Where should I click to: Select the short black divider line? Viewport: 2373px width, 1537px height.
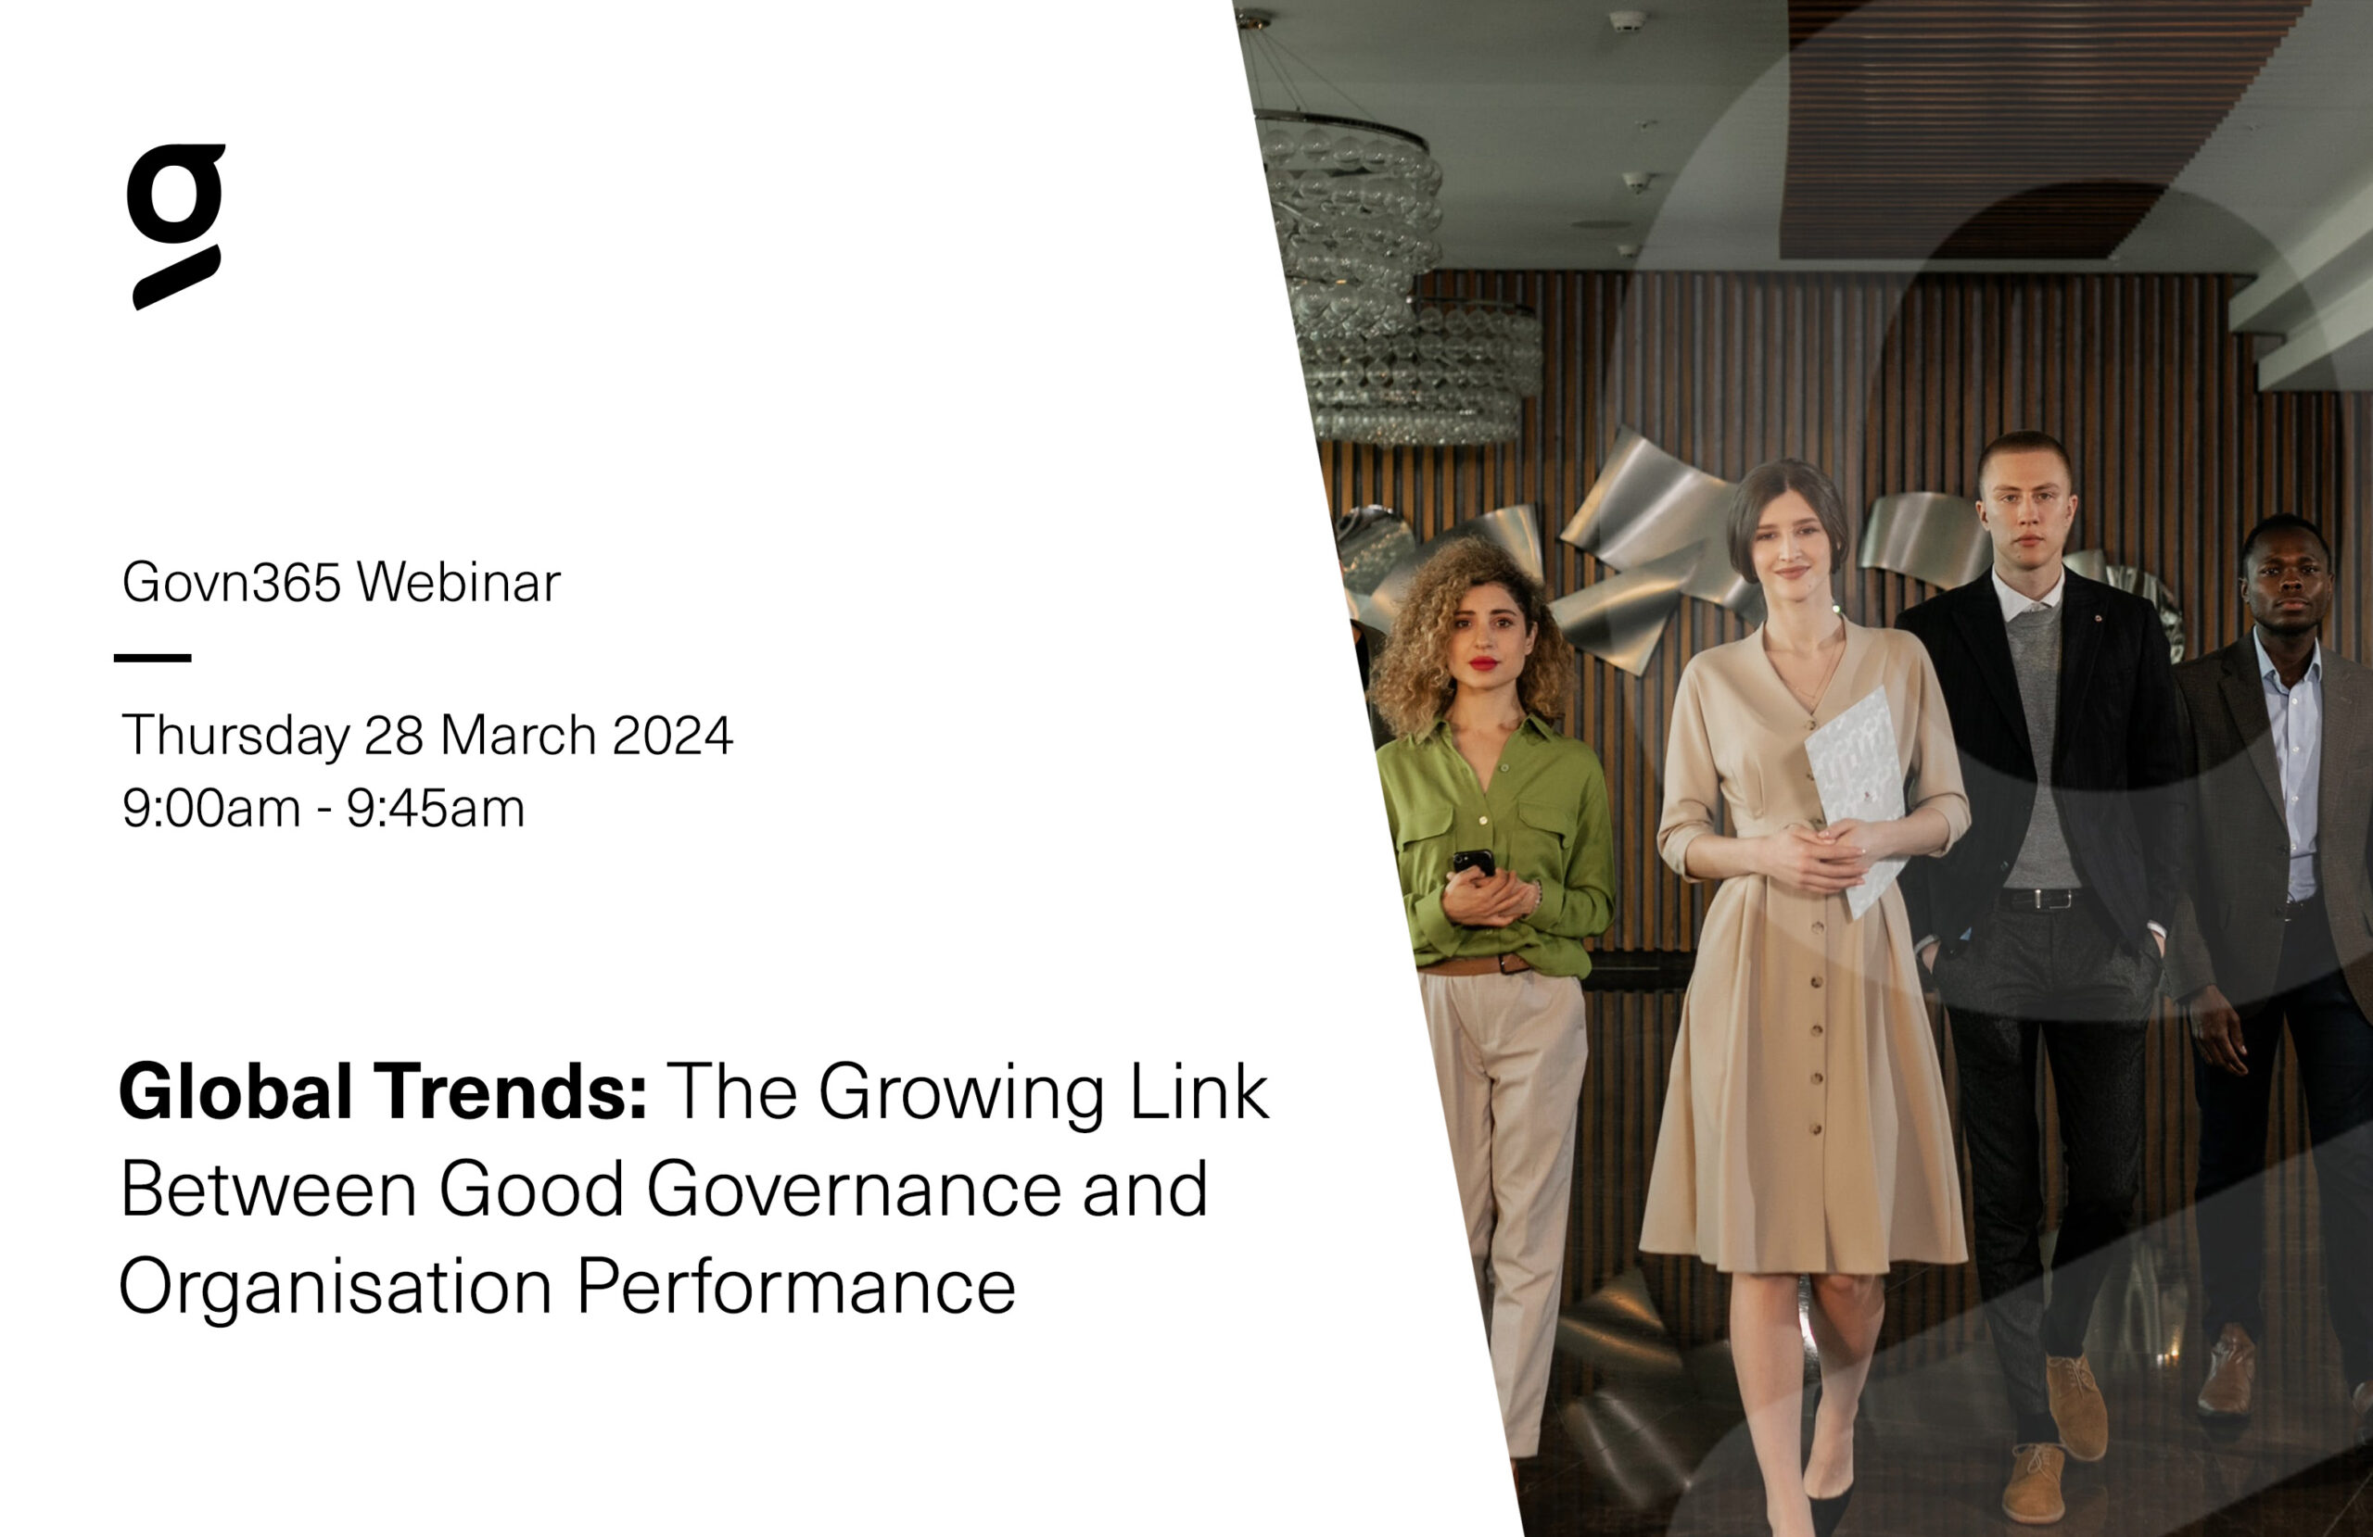(x=153, y=658)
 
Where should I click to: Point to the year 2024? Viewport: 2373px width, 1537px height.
(x=673, y=736)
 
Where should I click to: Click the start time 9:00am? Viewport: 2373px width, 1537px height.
(x=211, y=809)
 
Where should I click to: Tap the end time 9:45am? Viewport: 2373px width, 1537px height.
(x=436, y=809)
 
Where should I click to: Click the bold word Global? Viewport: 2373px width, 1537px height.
(x=236, y=1091)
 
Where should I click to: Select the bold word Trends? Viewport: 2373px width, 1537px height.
(x=512, y=1091)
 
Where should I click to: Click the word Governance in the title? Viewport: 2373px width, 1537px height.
(x=857, y=1190)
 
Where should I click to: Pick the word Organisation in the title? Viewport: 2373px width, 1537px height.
(x=336, y=1288)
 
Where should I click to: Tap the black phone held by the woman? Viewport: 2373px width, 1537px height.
(x=1474, y=863)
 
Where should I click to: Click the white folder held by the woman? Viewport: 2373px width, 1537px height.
(x=1856, y=798)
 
